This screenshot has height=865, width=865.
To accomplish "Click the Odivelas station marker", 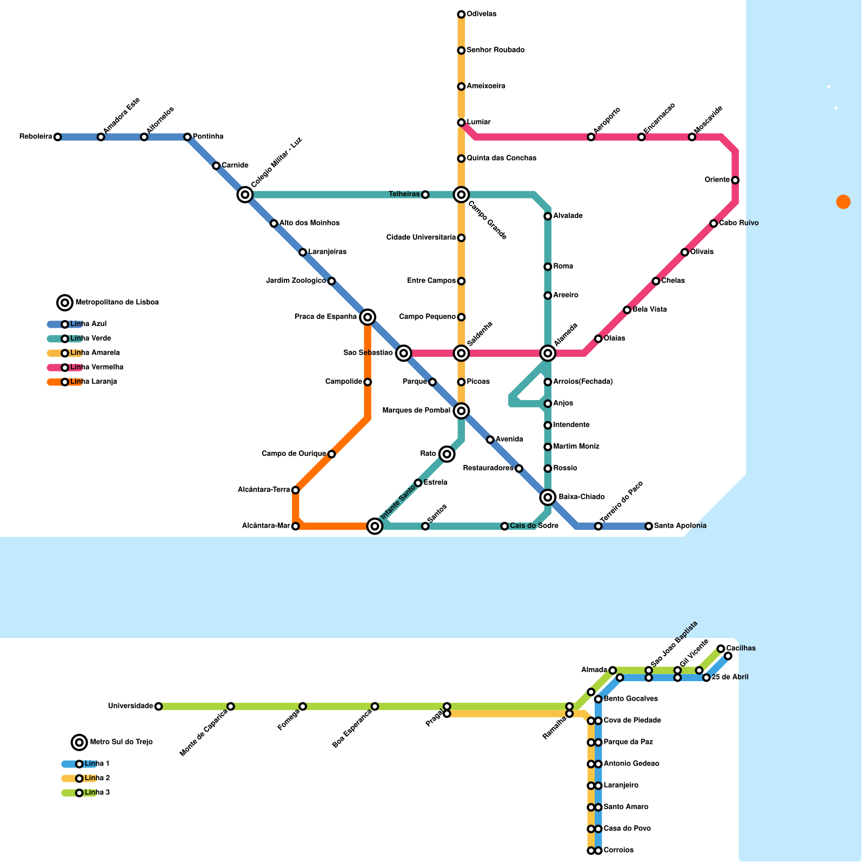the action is (461, 14).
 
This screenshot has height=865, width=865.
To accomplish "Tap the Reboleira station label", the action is (36, 137).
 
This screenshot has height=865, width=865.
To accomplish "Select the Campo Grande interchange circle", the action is (461, 195).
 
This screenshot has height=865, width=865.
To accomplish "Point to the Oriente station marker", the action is (735, 180).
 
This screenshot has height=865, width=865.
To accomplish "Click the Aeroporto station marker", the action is (591, 137).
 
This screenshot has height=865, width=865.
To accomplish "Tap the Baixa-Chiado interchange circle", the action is (548, 497).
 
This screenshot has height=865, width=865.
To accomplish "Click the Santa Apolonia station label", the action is (680, 526).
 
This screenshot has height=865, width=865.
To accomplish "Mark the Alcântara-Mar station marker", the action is (295, 526).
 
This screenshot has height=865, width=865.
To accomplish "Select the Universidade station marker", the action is (158, 706).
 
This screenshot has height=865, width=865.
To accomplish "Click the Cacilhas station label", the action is (741, 648).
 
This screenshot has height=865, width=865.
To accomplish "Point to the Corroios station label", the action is (618, 850).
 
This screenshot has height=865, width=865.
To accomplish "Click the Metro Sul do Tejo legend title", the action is (121, 742).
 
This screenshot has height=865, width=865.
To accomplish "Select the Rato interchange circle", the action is (447, 454).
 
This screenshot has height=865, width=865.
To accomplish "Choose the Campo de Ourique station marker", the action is (331, 454).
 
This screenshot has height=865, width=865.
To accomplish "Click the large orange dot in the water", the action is (843, 202).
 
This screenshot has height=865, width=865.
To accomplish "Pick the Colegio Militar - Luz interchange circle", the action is (245, 195).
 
